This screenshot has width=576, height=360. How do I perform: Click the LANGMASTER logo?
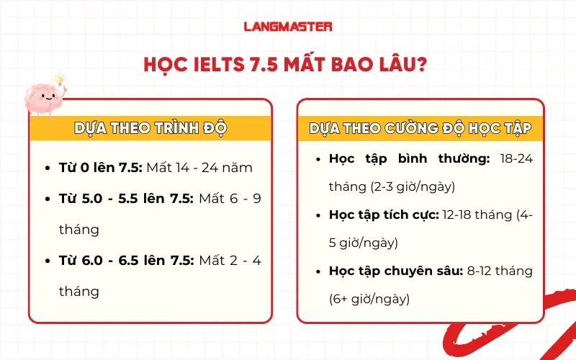click(x=288, y=27)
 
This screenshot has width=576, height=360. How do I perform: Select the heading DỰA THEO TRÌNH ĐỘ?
click(x=150, y=128)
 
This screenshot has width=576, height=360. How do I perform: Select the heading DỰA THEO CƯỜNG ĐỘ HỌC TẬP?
click(x=420, y=129)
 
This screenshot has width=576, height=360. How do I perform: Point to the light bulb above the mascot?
click(x=60, y=78)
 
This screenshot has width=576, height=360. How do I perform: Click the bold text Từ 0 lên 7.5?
click(x=100, y=168)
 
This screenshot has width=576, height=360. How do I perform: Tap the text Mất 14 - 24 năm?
click(x=199, y=168)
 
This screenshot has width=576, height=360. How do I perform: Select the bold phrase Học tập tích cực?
click(x=383, y=215)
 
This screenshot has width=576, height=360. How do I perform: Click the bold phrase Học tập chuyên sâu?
click(x=392, y=271)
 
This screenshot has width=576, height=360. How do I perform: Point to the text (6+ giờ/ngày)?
click(x=369, y=298)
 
